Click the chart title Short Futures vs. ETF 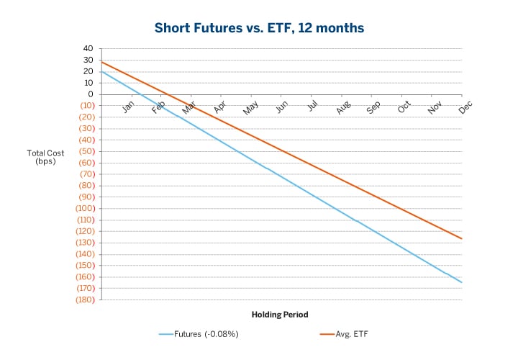coord(259,28)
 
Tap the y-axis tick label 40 coord(88,48)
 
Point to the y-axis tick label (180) coord(85,300)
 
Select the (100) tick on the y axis coord(85,208)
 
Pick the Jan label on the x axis coord(129,107)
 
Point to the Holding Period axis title coord(280,315)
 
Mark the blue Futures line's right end coord(461,282)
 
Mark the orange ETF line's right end coord(461,238)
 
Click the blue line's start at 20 coord(101,71)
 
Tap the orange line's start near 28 coord(101,62)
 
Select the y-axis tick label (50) coord(85,151)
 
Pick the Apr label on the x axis coord(220,107)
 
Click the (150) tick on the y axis coord(85,265)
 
